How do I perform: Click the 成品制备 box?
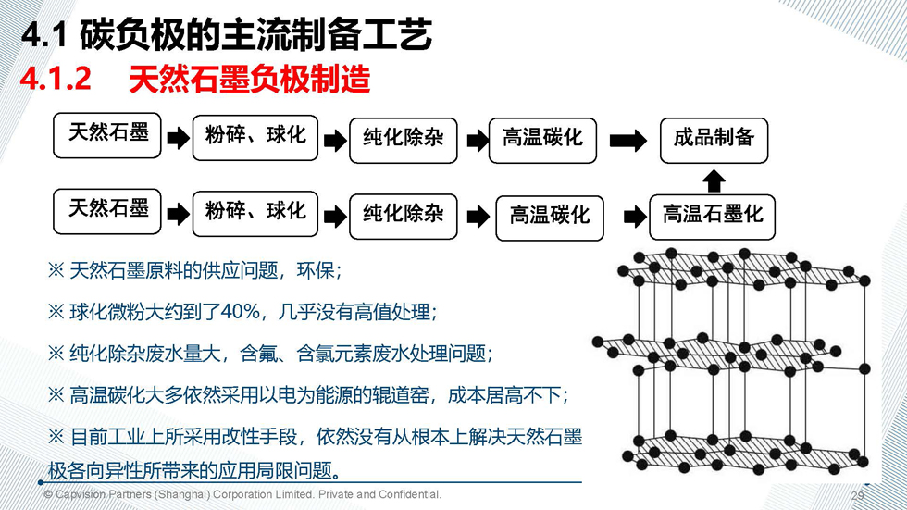tap(714, 141)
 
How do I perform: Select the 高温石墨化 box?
tap(712, 217)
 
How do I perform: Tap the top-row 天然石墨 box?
tap(107, 135)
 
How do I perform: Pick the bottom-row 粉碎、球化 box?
tap(255, 214)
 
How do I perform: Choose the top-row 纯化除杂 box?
tap(404, 141)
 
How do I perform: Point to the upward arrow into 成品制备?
tap(714, 180)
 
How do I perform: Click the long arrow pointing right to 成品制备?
tap(628, 141)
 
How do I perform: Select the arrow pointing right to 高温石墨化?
tap(635, 218)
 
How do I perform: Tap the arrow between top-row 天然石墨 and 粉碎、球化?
tap(178, 138)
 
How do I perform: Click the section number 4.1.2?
tap(56, 78)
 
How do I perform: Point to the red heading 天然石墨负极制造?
tap(249, 79)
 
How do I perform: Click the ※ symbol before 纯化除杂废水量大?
tap(56, 354)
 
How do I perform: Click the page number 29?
tap(857, 495)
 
